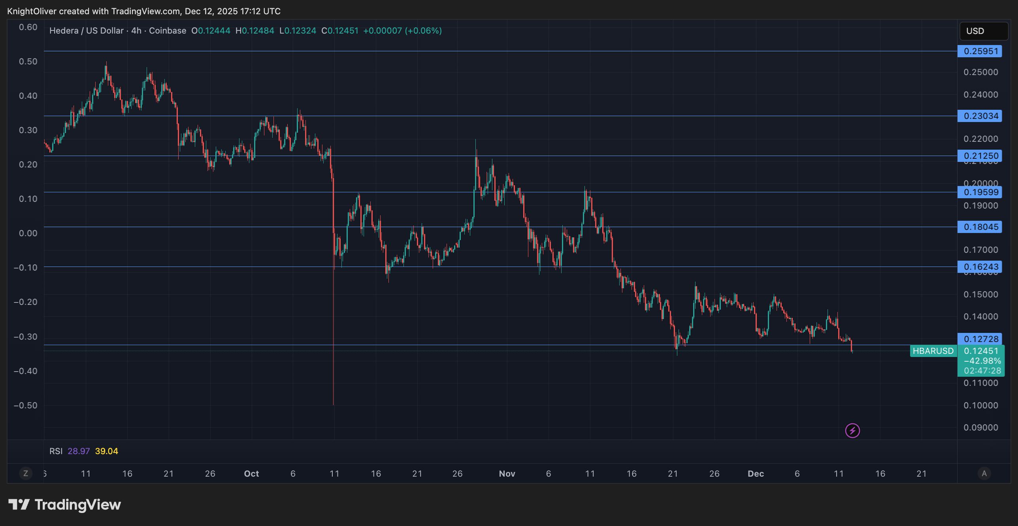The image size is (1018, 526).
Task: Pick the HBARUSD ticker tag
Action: point(933,351)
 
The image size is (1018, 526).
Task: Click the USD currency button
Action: point(983,31)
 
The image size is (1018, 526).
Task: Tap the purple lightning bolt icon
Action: point(852,430)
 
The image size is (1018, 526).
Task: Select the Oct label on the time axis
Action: point(251,473)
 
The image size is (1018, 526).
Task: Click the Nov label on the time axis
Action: point(507,473)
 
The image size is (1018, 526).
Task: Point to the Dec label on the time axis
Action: point(756,473)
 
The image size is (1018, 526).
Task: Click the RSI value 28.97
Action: point(79,451)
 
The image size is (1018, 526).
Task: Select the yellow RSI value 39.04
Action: point(107,451)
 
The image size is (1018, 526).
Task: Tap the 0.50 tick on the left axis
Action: point(28,61)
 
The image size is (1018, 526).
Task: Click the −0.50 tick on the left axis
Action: point(26,406)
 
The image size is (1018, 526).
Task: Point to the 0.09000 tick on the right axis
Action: point(981,428)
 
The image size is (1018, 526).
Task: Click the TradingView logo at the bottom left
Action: point(65,505)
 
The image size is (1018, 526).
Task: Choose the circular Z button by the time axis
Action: point(26,473)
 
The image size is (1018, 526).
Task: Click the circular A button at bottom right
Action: point(984,473)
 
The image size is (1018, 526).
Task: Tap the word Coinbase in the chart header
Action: point(168,31)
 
